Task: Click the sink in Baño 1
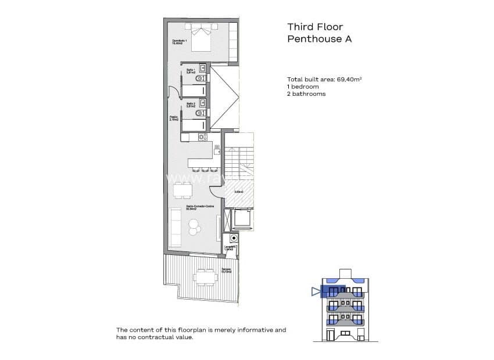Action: point(202,66)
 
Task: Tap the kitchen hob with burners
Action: point(202,137)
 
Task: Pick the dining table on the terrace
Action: point(203,277)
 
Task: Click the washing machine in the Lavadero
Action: point(234,238)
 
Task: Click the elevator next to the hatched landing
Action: point(242,219)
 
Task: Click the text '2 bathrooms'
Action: point(306,93)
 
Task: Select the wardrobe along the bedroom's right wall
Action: point(234,42)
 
